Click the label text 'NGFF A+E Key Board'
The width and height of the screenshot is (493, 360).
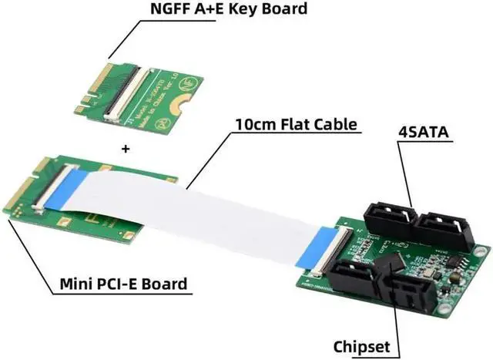pyautogui.click(x=221, y=11)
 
